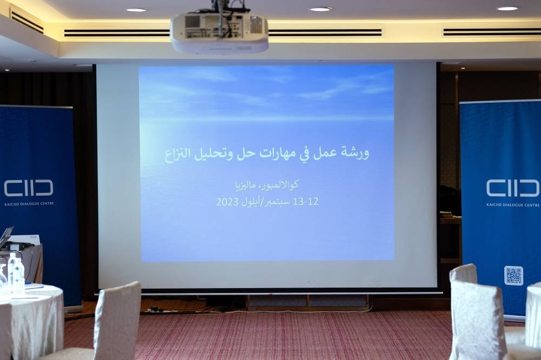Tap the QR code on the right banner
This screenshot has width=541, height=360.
513,276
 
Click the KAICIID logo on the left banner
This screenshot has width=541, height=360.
29,188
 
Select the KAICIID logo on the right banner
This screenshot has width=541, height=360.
513,188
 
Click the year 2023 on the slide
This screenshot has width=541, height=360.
227,202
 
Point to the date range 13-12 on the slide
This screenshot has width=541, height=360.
305,202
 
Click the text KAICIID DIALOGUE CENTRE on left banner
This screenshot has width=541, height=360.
29,204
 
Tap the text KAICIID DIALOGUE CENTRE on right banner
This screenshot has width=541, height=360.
513,205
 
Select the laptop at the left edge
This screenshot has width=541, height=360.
6,237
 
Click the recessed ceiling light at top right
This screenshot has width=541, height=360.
507,8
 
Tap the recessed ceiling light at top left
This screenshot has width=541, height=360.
136,10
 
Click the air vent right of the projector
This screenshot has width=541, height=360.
325,33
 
